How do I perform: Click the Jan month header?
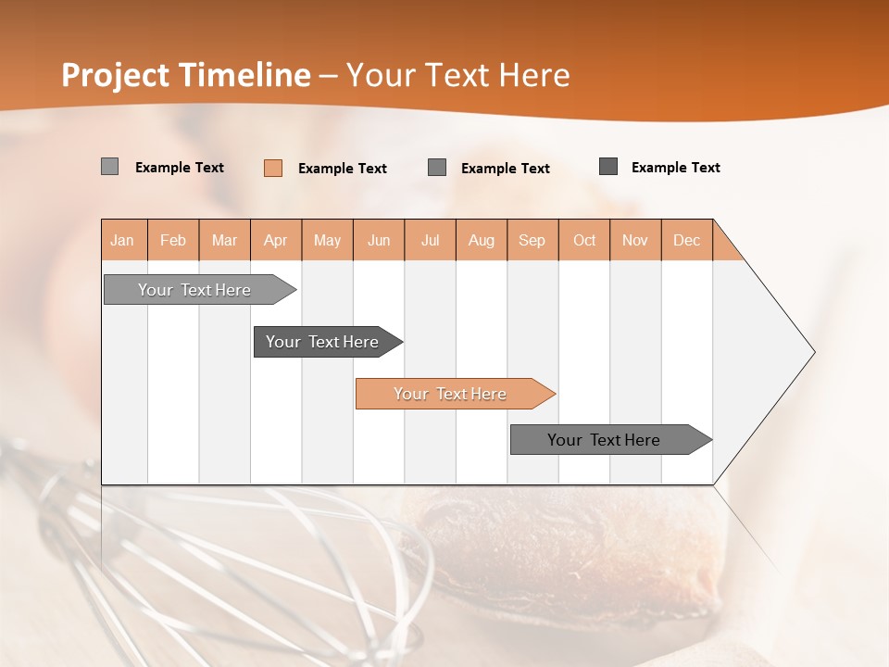tap(123, 240)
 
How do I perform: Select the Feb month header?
tap(173, 240)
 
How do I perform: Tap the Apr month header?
tap(276, 240)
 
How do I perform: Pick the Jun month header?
tap(379, 240)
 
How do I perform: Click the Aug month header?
tap(482, 240)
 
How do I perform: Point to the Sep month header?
tap(532, 240)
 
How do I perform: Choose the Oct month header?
tap(584, 240)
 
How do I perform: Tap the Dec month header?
tap(687, 240)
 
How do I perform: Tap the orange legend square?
tap(273, 168)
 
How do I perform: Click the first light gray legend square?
tap(109, 167)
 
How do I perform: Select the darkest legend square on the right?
tap(608, 167)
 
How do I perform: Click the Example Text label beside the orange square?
tap(343, 169)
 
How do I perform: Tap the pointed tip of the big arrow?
tap(811, 352)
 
